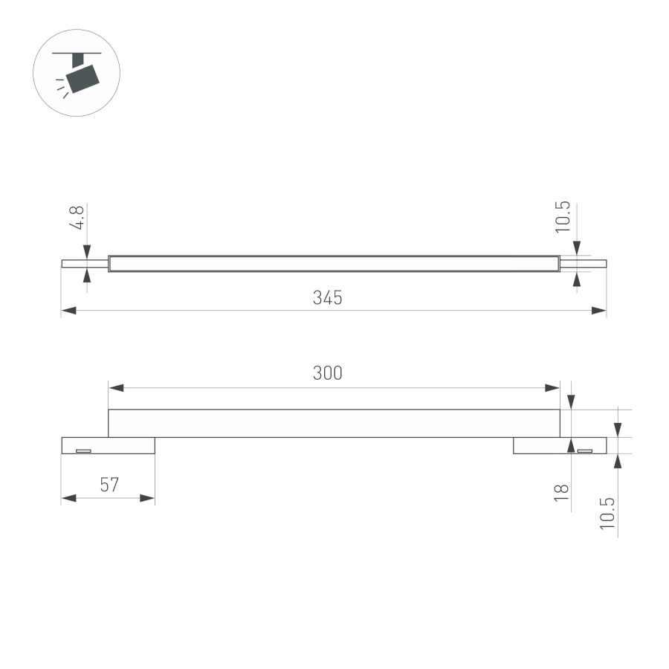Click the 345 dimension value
327,298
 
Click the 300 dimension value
327,373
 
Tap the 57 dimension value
109,485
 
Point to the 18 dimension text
563,490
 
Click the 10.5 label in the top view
563,216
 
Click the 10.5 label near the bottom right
608,513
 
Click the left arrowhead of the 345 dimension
69,311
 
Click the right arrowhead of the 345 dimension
598,311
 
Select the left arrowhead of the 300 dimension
117,387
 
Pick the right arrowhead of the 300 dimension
552,387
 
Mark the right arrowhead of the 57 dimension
147,498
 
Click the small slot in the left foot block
83,450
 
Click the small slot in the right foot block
586,450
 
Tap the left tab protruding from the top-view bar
84,262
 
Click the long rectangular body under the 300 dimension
334,423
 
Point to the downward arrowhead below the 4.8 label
87,251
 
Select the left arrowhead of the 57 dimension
69,498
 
